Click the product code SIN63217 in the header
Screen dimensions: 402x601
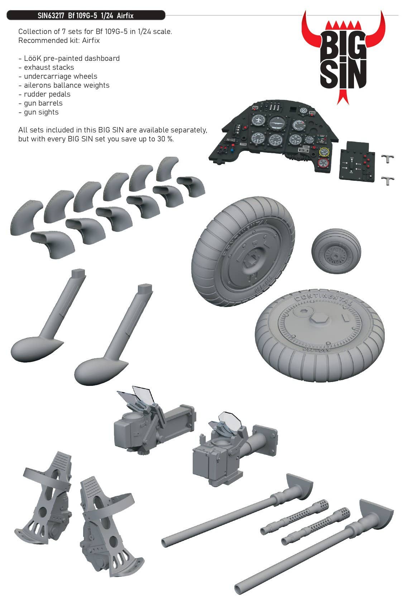point(51,15)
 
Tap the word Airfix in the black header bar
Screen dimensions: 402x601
point(125,15)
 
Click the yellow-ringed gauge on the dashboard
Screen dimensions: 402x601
point(324,152)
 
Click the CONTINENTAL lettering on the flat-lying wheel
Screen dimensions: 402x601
point(324,298)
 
